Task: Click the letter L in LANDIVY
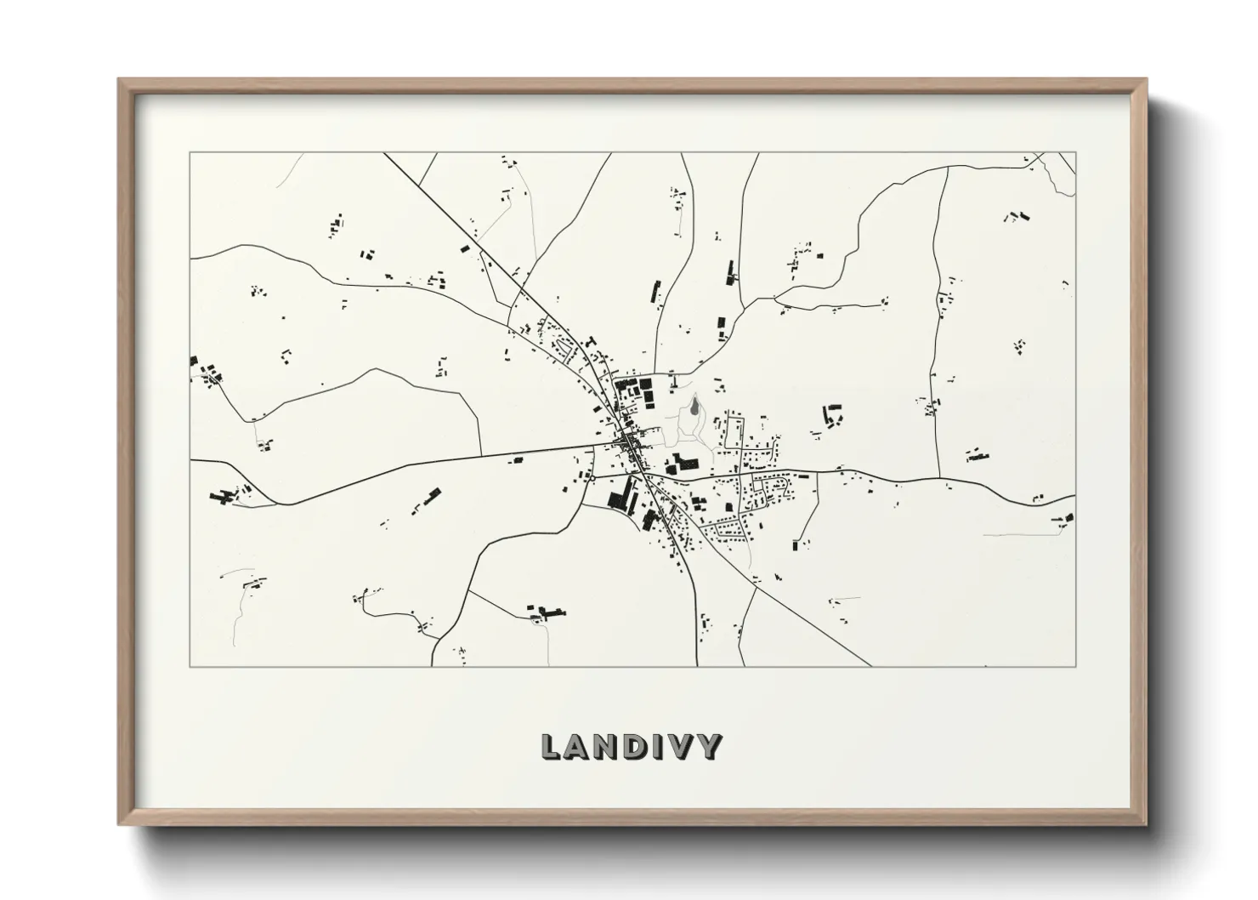(x=552, y=747)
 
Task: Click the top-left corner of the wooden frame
(x=120, y=80)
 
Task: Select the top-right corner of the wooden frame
(x=1145, y=80)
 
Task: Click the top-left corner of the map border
(x=190, y=153)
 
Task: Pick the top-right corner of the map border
(x=1076, y=153)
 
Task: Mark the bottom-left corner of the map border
(x=190, y=666)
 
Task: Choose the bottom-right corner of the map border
(x=1076, y=666)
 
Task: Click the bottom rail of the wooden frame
(x=632, y=818)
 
